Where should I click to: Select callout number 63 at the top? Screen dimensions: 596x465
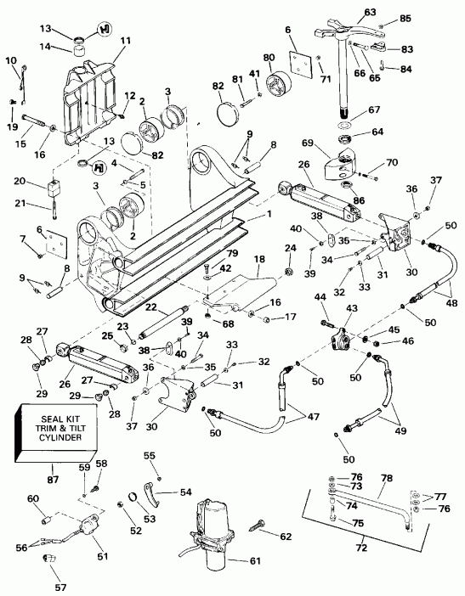click(346, 12)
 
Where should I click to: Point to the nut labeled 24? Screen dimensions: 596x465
click(289, 273)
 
